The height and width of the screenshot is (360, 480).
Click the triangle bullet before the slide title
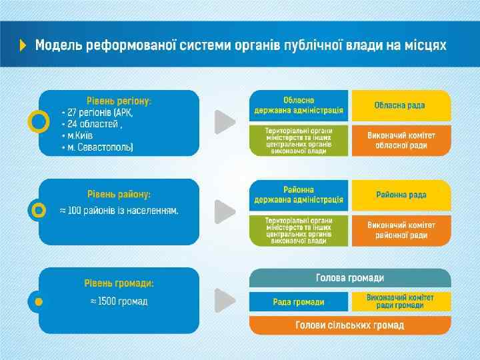(23, 45)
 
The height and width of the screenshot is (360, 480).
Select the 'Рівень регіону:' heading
(119, 101)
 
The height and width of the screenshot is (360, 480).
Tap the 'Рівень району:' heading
(119, 194)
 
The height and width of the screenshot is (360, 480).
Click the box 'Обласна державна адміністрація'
(299, 105)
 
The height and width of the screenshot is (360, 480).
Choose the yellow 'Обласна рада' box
(401, 105)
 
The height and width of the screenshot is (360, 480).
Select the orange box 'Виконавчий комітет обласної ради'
(401, 140)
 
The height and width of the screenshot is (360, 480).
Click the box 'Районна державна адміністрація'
(299, 194)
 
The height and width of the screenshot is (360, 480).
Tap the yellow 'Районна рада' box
(401, 195)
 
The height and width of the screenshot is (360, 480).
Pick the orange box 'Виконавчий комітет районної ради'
(401, 230)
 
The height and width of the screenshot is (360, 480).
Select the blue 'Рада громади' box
(299, 302)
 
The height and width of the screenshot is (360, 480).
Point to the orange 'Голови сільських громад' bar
(350, 325)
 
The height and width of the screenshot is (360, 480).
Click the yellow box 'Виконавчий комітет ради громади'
(401, 301)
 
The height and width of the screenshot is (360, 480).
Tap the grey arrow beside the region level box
(225, 122)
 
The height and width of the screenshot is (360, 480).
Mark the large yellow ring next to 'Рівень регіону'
(39, 122)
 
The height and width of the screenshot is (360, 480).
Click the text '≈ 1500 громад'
(119, 301)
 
